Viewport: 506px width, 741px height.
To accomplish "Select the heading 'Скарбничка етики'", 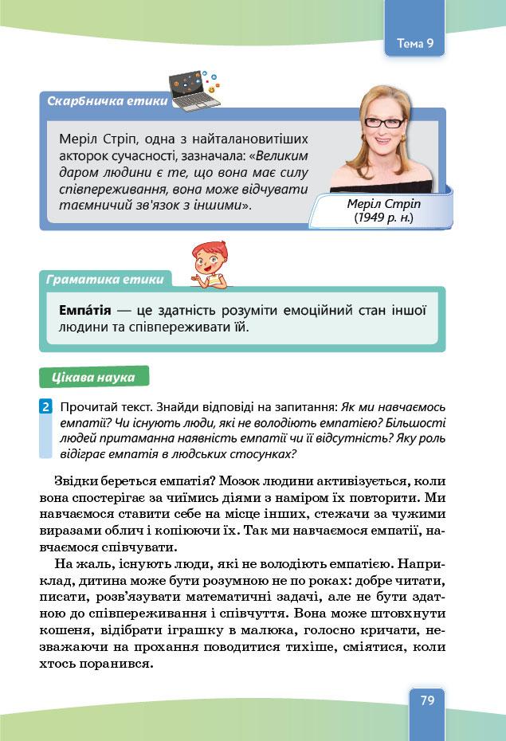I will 108,102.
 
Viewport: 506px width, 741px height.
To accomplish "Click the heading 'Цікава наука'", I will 93,377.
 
